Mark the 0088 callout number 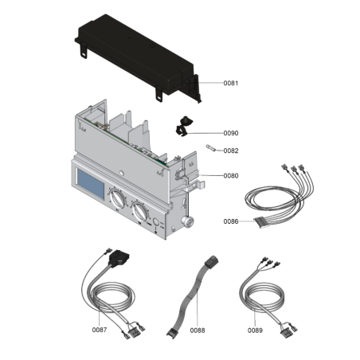pos(198,329)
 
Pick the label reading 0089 pos(255,329)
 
